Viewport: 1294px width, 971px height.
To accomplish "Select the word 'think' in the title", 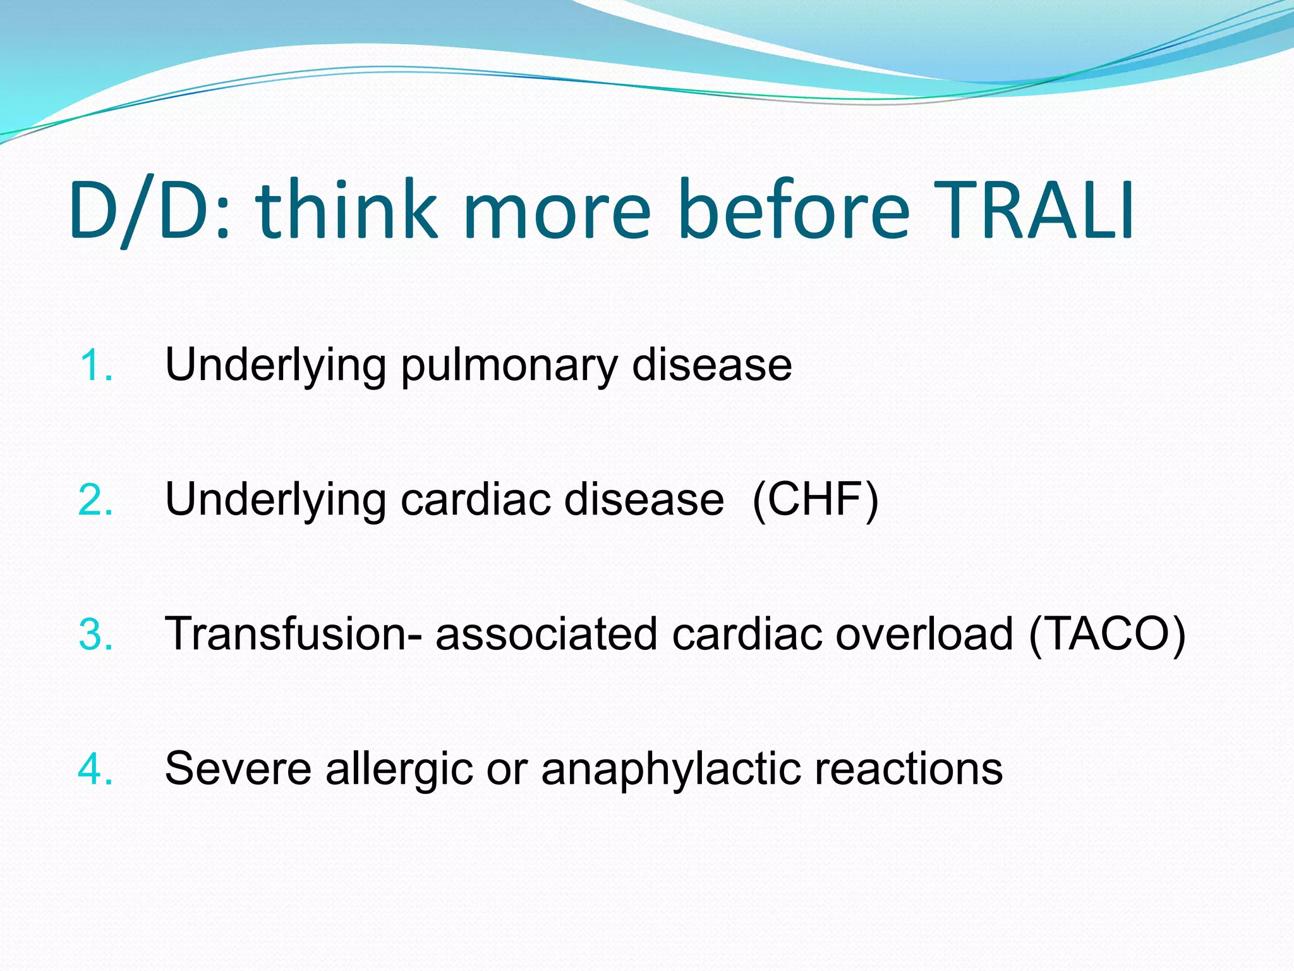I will coord(346,211).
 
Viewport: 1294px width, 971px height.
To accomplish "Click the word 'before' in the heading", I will coord(793,211).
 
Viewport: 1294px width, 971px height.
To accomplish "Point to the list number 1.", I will coord(96,366).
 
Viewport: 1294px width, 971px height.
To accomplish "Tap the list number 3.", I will coord(96,635).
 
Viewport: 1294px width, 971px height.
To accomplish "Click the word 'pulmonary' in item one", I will coord(509,366).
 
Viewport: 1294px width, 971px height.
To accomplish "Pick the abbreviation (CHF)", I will coord(815,500).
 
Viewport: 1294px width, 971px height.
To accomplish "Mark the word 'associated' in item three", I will coord(547,634).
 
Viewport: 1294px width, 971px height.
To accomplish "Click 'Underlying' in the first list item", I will coord(275,366).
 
